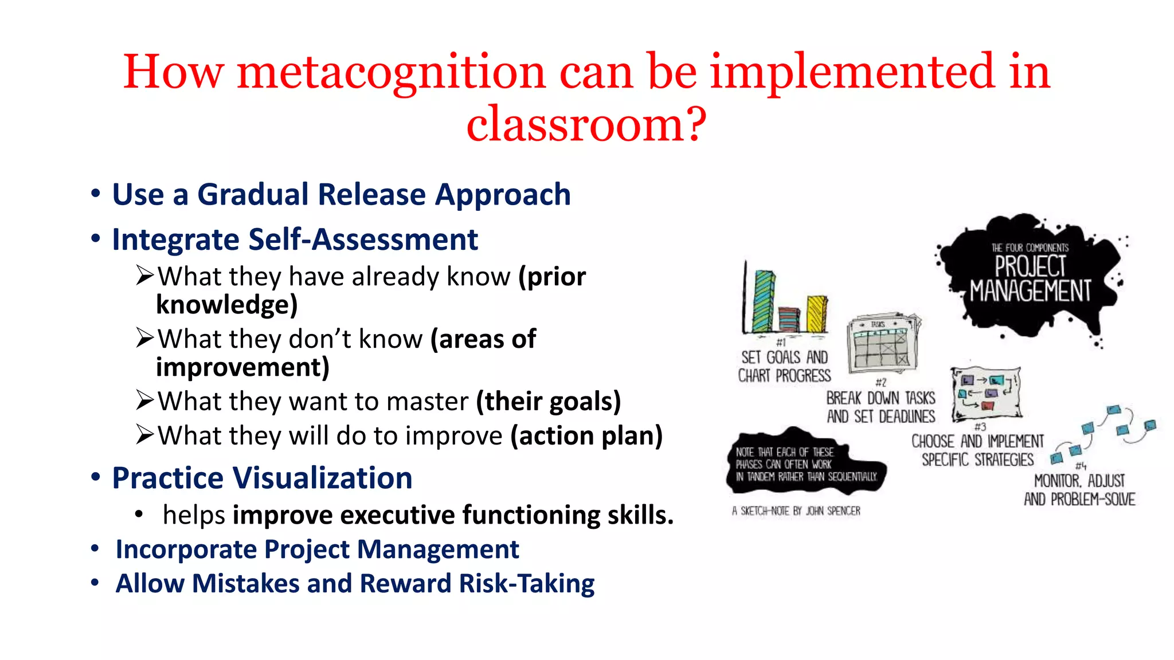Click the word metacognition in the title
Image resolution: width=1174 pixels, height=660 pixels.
391,72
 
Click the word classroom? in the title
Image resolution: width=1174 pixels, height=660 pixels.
586,124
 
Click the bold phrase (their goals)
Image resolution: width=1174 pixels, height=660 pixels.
549,401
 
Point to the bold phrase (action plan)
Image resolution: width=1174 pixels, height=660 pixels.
586,435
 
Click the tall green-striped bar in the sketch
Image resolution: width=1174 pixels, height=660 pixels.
764,300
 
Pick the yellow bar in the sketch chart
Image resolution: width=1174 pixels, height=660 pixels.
817,313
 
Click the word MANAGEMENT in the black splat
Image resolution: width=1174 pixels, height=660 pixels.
1030,291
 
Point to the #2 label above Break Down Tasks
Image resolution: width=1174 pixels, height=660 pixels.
881,382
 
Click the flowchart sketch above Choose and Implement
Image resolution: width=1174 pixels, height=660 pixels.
986,393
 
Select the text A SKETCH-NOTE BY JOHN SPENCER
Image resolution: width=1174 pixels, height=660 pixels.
796,511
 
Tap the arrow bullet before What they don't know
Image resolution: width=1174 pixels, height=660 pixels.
145,338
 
